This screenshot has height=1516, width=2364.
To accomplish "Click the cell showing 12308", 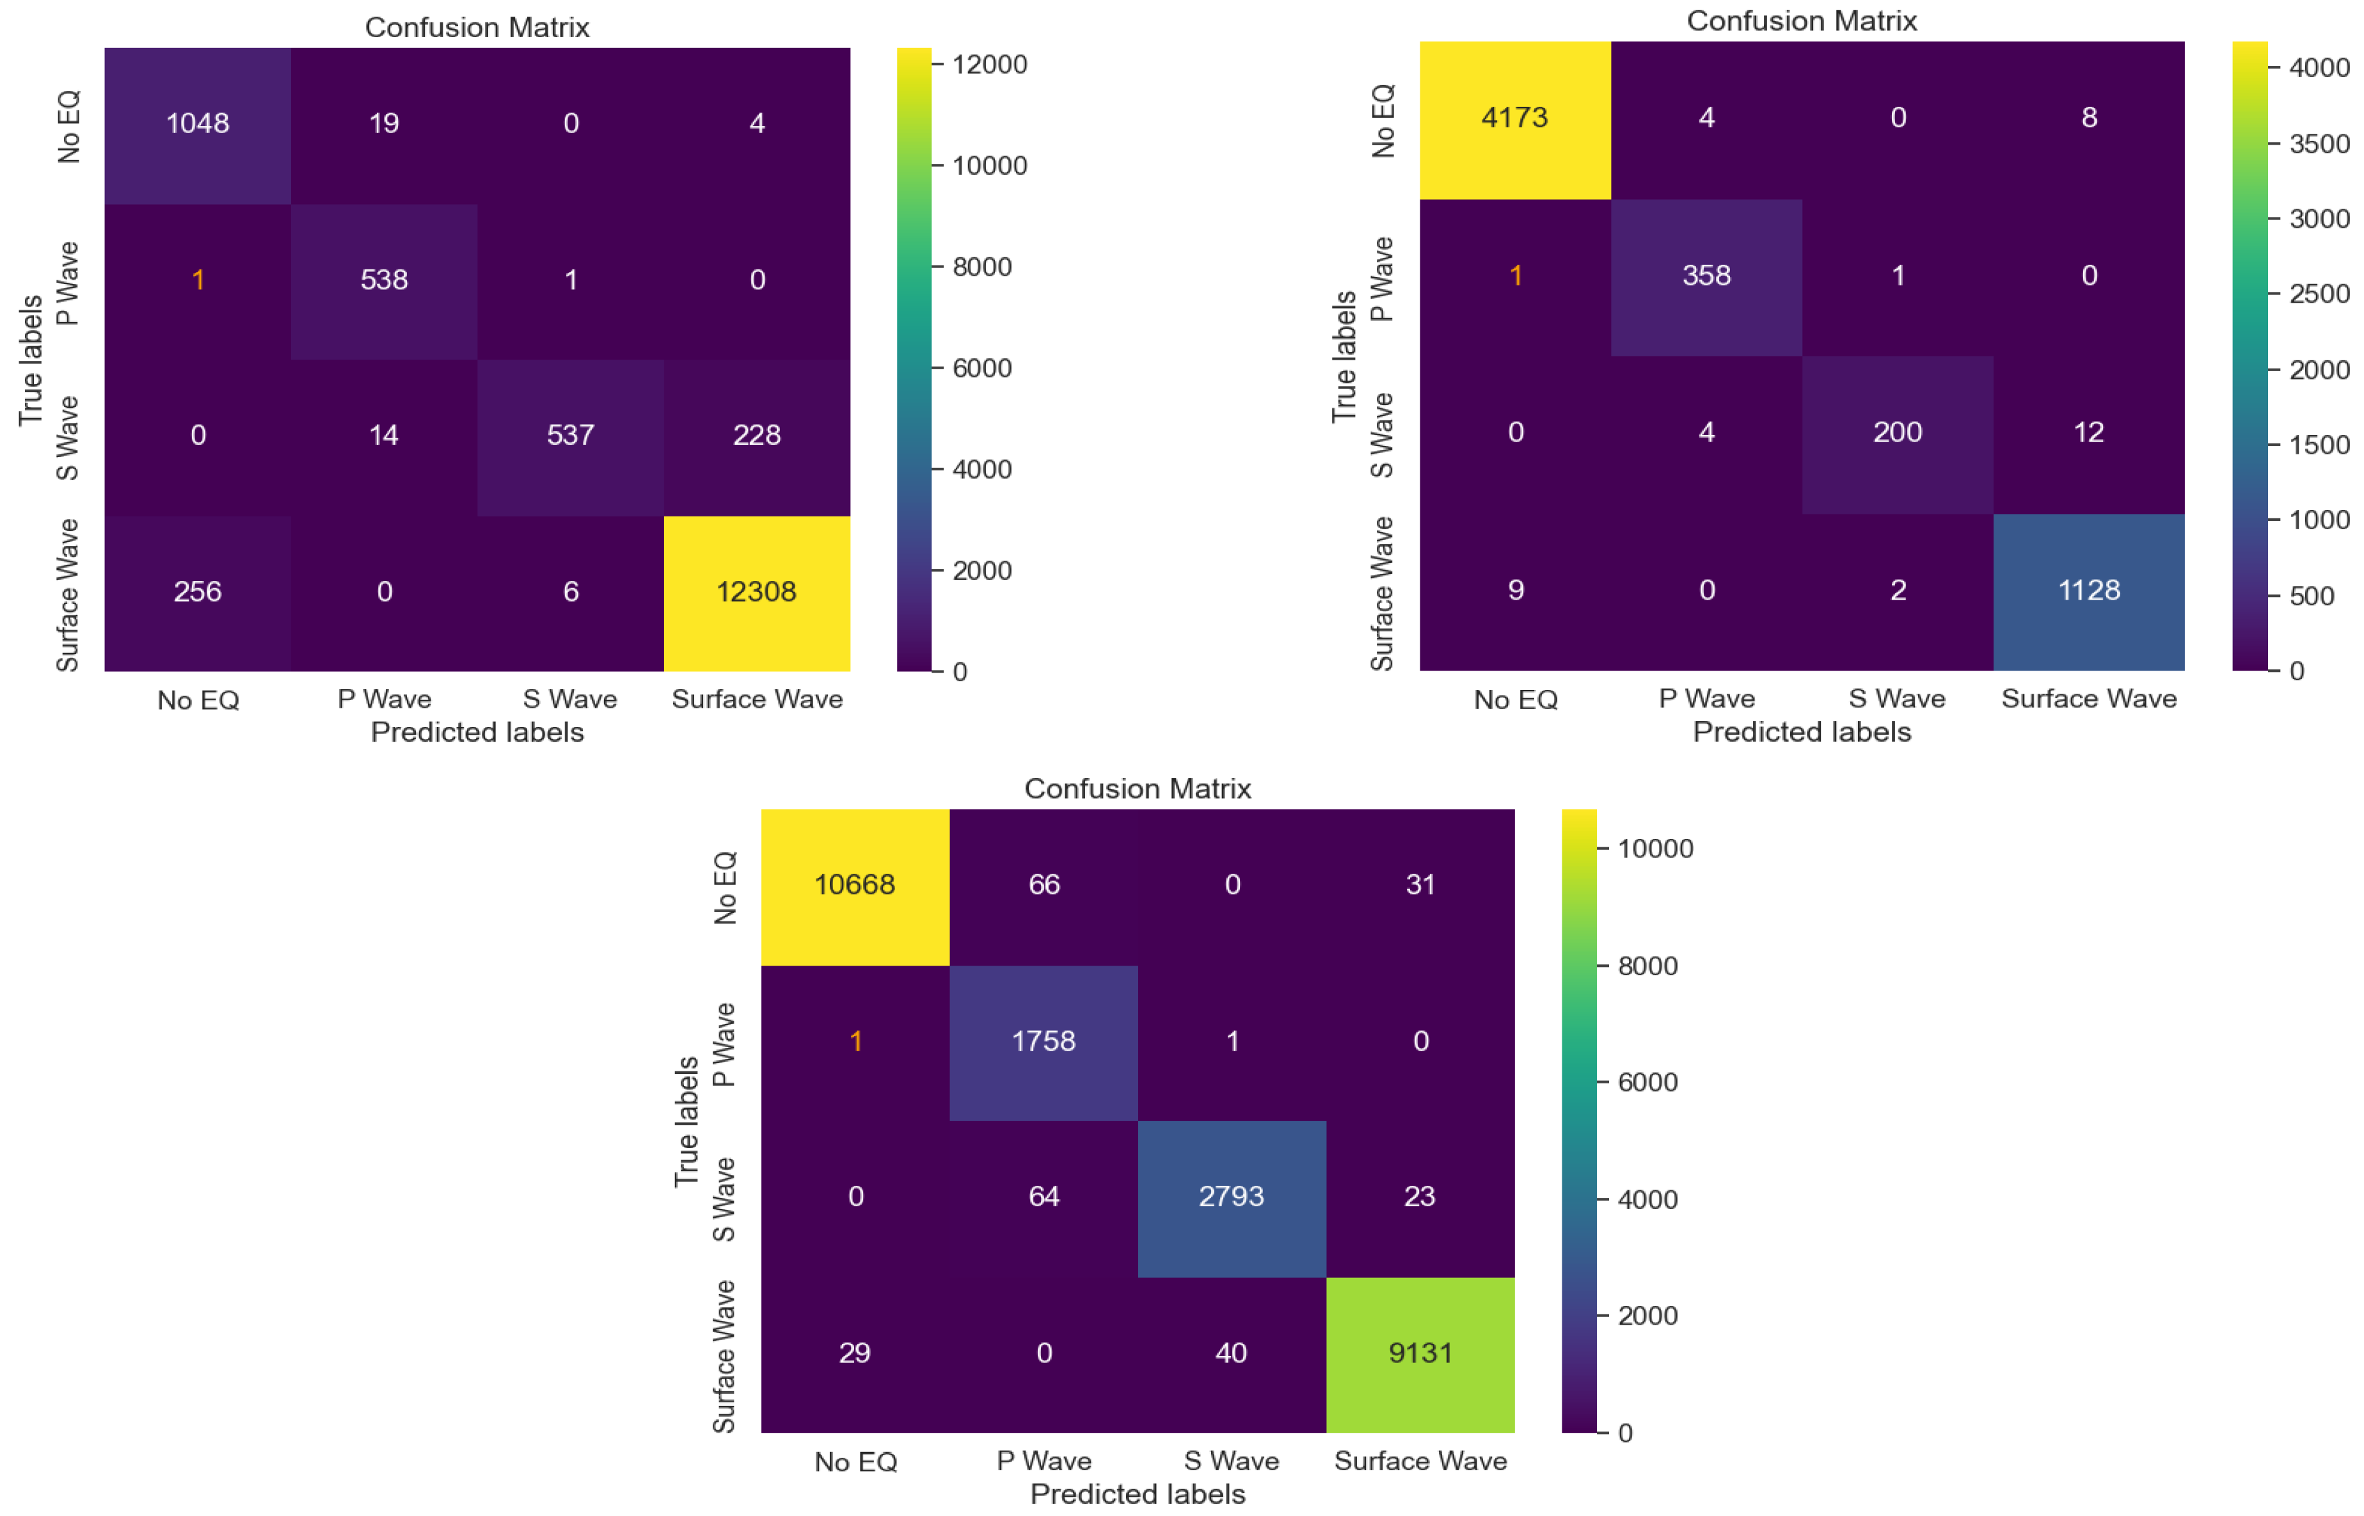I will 756,593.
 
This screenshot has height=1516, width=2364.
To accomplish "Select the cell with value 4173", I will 1514,118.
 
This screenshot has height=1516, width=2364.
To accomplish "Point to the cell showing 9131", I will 1419,1353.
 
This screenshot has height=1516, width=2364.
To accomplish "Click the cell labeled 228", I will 756,436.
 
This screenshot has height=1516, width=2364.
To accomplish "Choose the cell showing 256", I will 198,593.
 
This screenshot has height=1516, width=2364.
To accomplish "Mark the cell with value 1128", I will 2088,591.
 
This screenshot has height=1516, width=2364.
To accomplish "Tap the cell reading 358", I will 1706,276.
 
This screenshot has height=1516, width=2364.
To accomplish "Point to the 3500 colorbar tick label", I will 2319,144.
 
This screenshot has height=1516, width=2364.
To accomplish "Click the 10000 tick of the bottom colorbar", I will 1654,849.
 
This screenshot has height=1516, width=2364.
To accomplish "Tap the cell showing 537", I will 570,436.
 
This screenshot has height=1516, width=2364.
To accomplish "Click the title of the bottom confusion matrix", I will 1137,788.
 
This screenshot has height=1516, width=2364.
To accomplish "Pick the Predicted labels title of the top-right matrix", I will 1800,731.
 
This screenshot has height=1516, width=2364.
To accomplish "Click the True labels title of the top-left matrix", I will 31,360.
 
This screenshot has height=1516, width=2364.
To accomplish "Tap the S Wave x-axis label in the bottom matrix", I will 1230,1461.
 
